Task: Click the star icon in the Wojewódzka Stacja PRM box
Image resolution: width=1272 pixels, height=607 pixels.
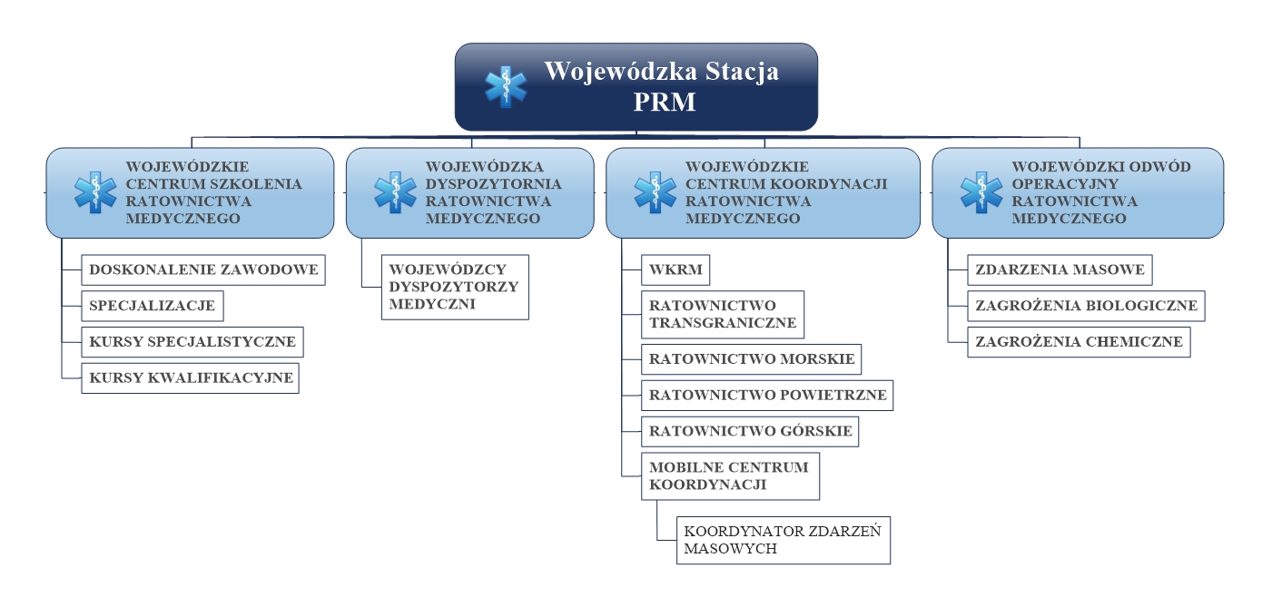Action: [506, 87]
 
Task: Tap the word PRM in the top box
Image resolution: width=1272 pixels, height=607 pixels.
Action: [665, 103]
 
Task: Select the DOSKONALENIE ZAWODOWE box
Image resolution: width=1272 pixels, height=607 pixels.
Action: [203, 270]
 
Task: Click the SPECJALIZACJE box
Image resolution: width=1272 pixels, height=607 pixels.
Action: [153, 307]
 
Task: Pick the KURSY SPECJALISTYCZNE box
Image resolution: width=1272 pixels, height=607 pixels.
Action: [192, 342]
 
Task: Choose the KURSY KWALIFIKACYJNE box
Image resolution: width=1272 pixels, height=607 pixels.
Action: [191, 378]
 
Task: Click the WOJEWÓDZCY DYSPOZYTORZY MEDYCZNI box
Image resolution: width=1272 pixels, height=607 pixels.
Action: [455, 287]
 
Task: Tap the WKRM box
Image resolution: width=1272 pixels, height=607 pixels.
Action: [675, 270]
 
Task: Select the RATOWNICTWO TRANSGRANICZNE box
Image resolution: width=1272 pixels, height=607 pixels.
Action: [723, 315]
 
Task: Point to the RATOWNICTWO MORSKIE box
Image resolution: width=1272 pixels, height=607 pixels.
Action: [751, 359]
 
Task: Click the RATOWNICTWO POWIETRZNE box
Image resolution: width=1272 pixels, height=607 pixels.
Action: [767, 396]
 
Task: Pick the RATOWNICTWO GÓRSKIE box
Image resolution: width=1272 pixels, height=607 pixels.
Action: [750, 432]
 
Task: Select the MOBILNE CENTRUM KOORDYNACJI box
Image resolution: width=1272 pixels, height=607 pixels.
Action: [730, 476]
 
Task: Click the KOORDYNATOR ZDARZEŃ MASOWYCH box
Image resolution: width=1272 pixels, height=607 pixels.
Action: [784, 541]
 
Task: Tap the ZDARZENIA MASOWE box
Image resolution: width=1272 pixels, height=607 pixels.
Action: [1060, 270]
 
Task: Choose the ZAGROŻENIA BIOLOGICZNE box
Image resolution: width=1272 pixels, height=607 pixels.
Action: [1086, 307]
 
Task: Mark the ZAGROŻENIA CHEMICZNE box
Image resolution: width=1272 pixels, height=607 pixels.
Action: [1079, 342]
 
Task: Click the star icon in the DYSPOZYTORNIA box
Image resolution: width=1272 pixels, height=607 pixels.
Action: [395, 192]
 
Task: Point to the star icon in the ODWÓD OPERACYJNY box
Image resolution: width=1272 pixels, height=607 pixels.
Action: [981, 192]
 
